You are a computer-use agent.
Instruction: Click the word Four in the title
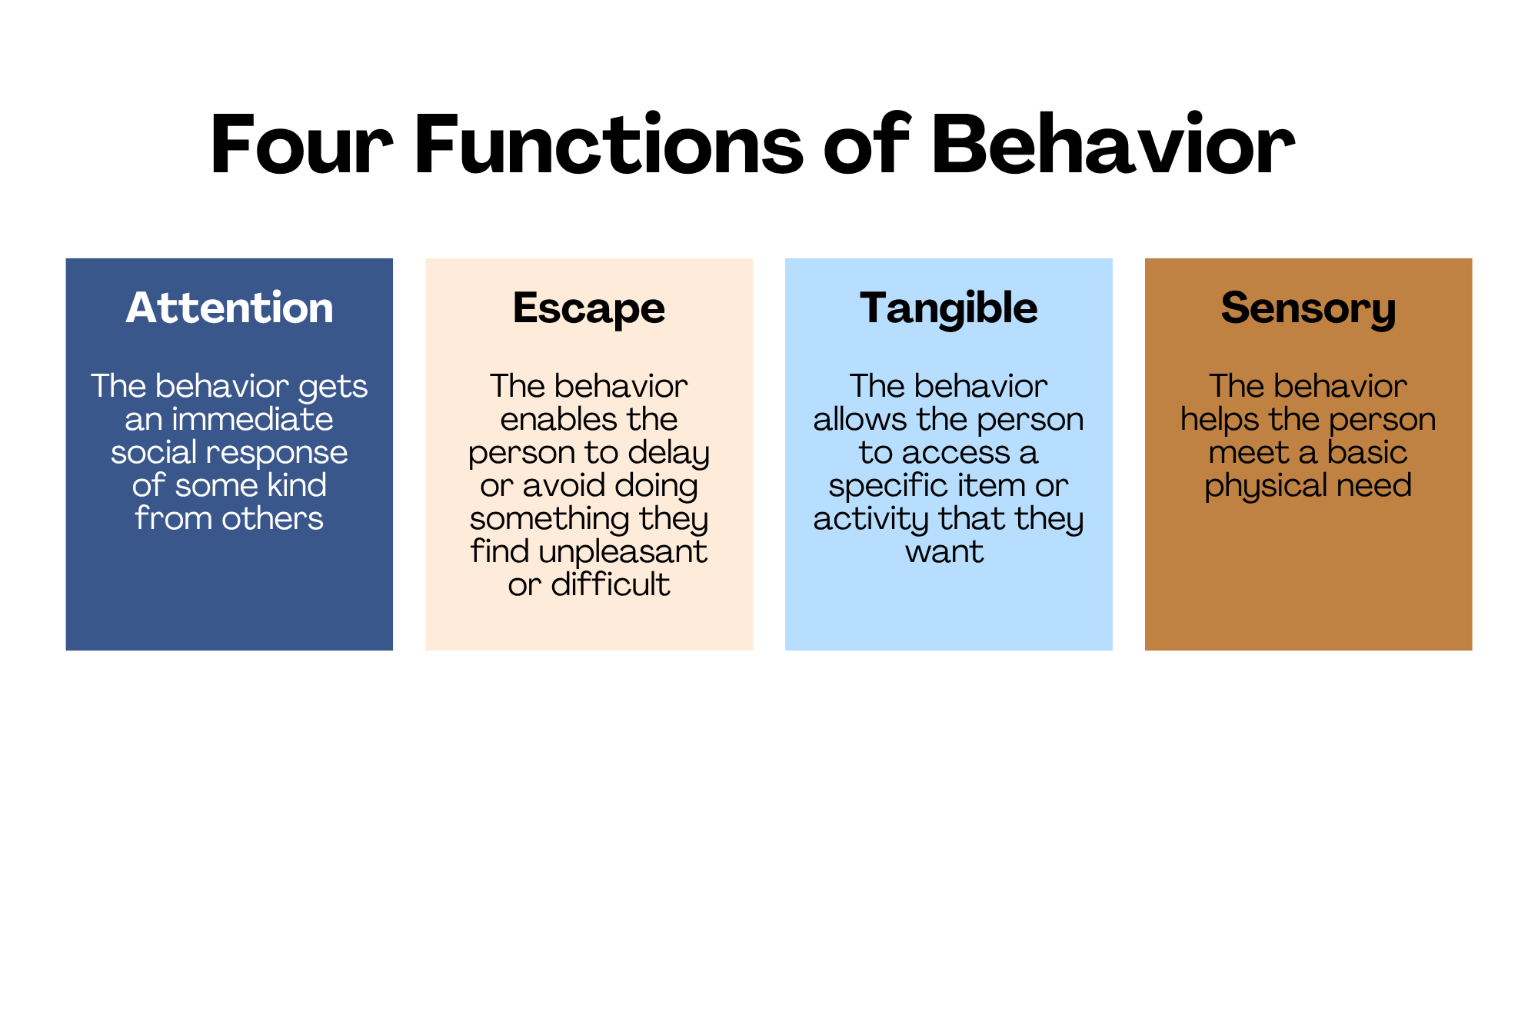[x=301, y=145]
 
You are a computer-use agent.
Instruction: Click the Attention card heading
[x=229, y=308]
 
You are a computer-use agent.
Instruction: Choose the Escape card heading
[x=589, y=309]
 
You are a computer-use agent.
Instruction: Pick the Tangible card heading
[x=949, y=309]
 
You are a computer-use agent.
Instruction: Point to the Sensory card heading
[x=1308, y=309]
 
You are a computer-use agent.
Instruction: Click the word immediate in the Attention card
[x=252, y=419]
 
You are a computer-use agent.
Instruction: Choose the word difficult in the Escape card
[x=611, y=584]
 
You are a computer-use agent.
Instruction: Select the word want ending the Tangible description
[x=944, y=552]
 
